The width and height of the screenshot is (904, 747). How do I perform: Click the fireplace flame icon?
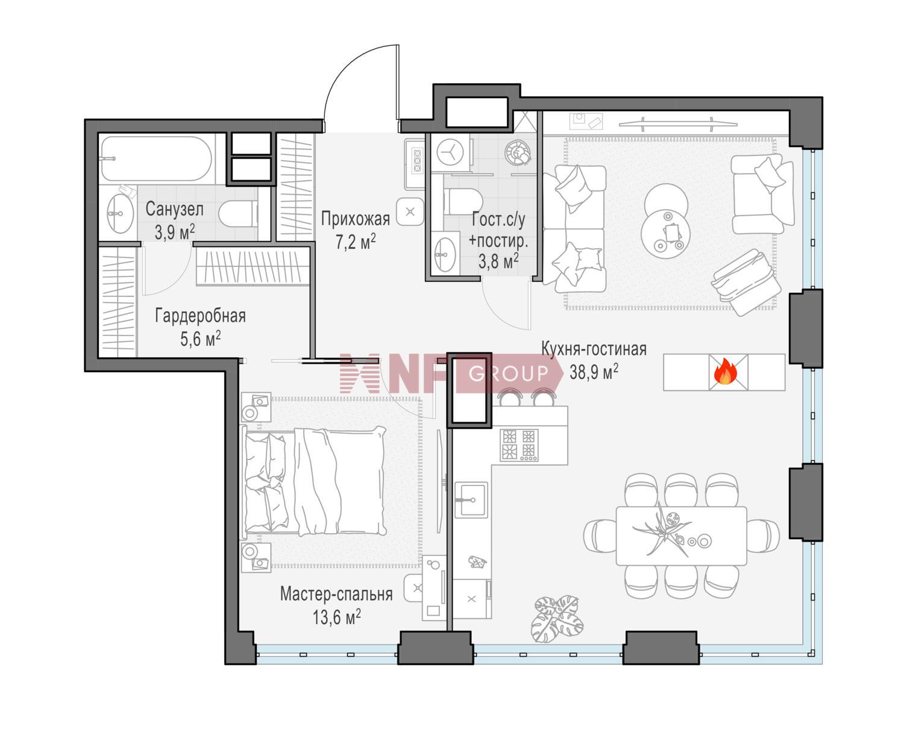725,372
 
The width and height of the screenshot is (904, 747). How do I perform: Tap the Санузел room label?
174,210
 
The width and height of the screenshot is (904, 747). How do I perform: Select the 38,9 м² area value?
594,371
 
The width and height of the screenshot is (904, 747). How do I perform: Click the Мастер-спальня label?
336,594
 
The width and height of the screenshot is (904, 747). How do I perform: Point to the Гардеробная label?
201,316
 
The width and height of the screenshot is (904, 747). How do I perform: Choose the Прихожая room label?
355,219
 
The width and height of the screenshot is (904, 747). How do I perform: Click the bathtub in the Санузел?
156,159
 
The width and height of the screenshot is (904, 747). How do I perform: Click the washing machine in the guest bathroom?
450,152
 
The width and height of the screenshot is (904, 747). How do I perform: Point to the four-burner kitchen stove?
519,445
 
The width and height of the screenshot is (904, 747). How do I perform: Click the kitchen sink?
471,500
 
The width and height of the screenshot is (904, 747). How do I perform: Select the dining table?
681,536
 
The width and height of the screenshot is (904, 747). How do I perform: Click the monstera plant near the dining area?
557,620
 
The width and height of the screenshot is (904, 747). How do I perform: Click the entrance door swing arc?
344,69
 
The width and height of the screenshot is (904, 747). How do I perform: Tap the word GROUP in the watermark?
508,373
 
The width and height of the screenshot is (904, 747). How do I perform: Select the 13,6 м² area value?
336,617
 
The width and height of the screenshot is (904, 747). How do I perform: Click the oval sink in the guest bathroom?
445,254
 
